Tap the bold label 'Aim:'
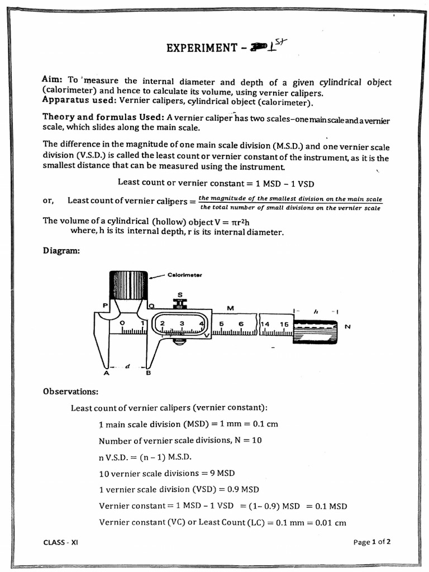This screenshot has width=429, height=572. click(x=54, y=79)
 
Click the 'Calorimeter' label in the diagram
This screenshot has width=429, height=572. click(x=184, y=275)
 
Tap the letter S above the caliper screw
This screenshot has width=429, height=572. click(x=180, y=294)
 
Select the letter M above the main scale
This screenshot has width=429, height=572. click(x=230, y=308)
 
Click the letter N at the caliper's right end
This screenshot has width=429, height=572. click(x=347, y=327)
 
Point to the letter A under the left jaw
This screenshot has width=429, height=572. click(x=106, y=374)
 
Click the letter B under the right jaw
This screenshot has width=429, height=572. click(x=148, y=374)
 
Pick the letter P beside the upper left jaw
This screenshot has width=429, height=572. click(x=104, y=305)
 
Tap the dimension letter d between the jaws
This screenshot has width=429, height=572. click(x=127, y=366)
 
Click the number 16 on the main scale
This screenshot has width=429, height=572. click(x=284, y=323)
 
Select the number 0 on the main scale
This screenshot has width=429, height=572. click(x=122, y=323)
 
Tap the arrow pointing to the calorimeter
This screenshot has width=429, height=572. click(x=158, y=275)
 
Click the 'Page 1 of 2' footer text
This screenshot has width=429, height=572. click(x=372, y=541)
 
